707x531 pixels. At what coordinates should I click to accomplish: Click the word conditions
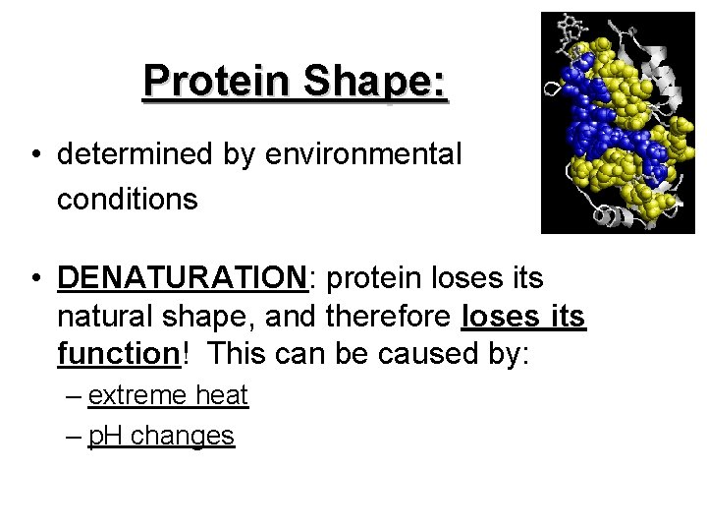[128, 200]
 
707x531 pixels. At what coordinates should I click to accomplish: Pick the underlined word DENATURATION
[183, 278]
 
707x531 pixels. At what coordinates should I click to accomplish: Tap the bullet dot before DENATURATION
[35, 279]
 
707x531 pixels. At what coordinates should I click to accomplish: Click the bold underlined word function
[118, 353]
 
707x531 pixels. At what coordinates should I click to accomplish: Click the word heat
[222, 395]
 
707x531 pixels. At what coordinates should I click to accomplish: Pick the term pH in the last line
[105, 436]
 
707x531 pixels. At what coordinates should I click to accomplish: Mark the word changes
[183, 436]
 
